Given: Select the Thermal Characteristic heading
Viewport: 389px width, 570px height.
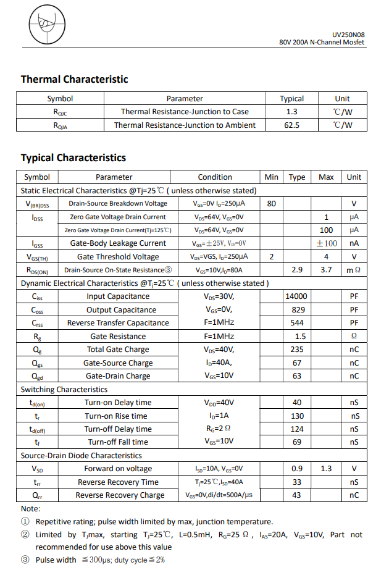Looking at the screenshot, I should (75, 79).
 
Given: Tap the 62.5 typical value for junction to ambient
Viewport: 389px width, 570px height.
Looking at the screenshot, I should (291, 125).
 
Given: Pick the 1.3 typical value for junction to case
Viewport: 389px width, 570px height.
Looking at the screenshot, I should (291, 112).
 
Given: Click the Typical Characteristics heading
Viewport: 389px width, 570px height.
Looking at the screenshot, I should (73, 157).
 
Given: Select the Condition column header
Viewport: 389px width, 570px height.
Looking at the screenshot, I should (215, 177).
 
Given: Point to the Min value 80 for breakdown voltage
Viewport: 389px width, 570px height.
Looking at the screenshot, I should (271, 203).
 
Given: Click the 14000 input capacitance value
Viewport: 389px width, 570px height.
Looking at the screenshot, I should (296, 296).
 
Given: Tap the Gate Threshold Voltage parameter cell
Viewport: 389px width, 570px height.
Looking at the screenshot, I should (118, 257).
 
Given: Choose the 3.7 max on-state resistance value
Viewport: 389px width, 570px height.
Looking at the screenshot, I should (326, 270).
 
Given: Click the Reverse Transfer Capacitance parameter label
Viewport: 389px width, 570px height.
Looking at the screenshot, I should (118, 323).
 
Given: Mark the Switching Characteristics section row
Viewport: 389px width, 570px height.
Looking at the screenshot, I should (64, 390).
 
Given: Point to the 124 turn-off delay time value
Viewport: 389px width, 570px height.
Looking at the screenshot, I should (296, 429).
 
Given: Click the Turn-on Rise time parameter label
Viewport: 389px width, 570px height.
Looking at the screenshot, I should (118, 416).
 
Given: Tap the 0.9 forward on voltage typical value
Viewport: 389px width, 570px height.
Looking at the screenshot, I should (296, 469).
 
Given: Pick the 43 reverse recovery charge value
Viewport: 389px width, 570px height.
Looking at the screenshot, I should (296, 495).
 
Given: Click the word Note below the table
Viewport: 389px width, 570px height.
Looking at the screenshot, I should (31, 508).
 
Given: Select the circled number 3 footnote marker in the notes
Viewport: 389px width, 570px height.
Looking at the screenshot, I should (25, 560).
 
